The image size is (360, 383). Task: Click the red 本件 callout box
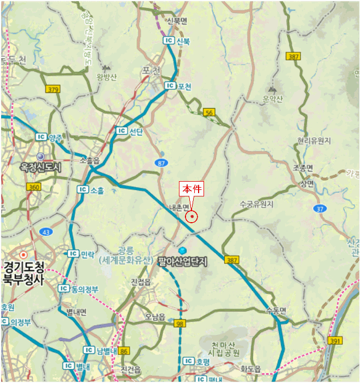[x=192, y=189]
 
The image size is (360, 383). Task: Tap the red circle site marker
[x=192, y=217]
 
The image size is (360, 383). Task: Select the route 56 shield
[x=209, y=112]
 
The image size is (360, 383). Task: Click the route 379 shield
[x=53, y=89]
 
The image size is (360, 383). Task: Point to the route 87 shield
[x=161, y=163]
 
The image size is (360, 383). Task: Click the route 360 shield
[x=33, y=187]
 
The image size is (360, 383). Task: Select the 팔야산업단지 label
[x=183, y=262]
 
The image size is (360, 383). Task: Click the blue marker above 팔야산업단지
[x=183, y=250]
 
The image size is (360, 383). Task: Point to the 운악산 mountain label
[x=272, y=98]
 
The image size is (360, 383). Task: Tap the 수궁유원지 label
[x=257, y=204]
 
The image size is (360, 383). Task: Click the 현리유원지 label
[x=314, y=141]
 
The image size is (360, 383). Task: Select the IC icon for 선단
[x=121, y=131]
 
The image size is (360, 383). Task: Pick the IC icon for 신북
[x=169, y=40]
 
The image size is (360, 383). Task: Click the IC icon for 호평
[x=189, y=361]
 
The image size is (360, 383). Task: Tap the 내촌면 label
[x=178, y=207]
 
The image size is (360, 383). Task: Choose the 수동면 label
[x=276, y=310]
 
